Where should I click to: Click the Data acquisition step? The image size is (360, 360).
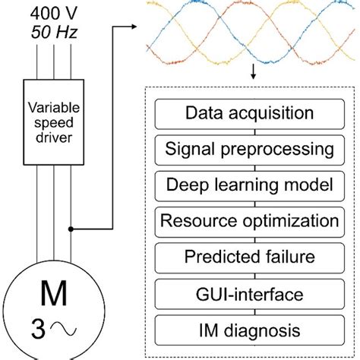tap(248, 114)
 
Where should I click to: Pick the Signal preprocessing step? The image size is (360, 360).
tap(248, 150)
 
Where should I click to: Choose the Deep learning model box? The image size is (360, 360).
tap(248, 185)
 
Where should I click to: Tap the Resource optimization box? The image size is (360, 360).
tap(248, 222)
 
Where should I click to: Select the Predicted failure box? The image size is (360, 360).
tap(248, 258)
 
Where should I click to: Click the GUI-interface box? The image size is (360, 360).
tap(248, 295)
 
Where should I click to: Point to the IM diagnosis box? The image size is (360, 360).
tap(248, 331)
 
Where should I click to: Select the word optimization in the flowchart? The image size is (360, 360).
tap(284, 222)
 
